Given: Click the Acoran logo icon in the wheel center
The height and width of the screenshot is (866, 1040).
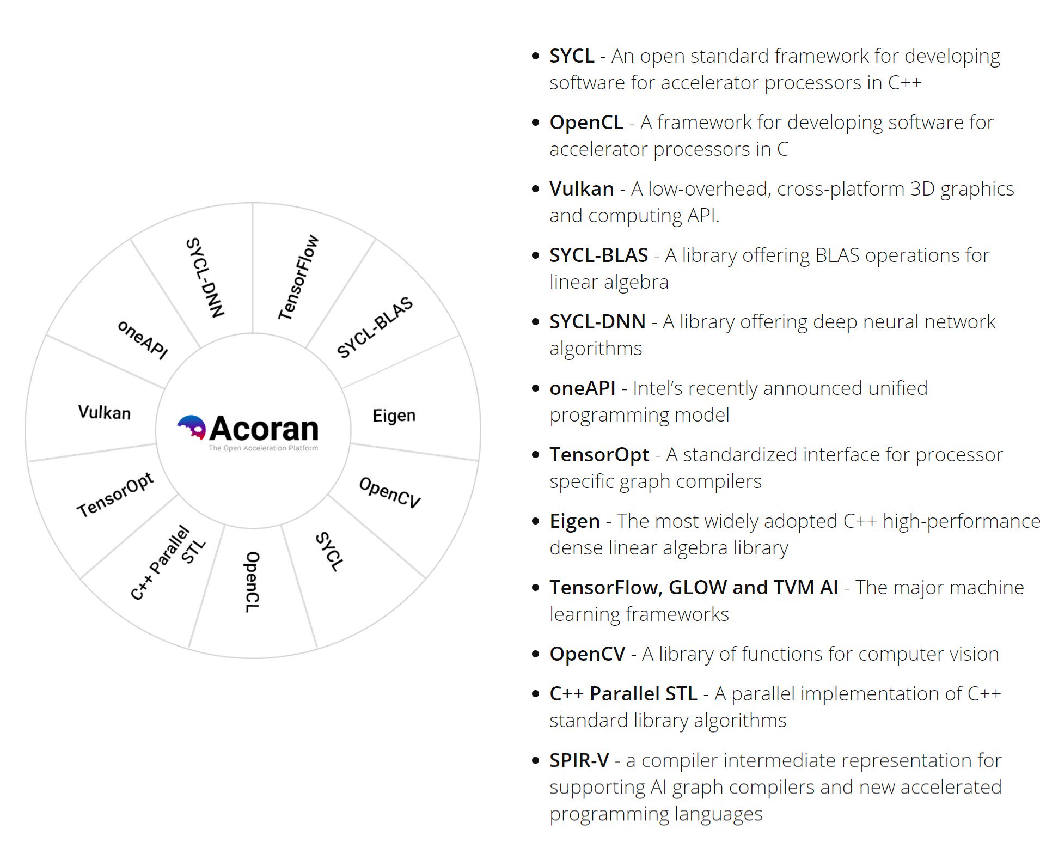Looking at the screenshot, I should [192, 428].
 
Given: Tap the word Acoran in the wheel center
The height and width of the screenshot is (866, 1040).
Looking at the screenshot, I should [264, 429].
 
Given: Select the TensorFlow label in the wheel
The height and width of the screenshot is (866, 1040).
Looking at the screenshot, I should [298, 278].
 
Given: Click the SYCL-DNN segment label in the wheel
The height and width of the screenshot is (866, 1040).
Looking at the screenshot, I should [205, 278].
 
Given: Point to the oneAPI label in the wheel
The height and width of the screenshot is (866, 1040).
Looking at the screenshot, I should [143, 340].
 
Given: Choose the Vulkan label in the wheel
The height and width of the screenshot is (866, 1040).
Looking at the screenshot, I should [104, 412].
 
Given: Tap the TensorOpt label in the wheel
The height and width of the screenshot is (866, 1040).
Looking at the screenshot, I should [115, 495].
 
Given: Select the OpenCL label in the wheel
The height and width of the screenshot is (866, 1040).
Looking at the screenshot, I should [252, 582].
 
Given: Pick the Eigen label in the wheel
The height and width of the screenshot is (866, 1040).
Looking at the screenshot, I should [394, 416].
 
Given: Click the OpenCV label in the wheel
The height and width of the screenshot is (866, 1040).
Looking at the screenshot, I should [390, 492].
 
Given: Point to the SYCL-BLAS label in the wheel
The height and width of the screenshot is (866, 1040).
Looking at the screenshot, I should [375, 327].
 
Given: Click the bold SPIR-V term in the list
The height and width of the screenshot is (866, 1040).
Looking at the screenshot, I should [579, 760].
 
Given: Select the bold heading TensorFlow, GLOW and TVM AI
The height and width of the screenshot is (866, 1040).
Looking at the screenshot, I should [693, 587].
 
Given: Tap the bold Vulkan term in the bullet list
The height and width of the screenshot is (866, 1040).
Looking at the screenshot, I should [582, 188].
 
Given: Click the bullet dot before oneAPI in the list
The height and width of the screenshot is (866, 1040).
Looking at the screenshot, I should [536, 388].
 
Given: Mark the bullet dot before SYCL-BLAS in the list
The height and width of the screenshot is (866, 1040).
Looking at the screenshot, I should [536, 255].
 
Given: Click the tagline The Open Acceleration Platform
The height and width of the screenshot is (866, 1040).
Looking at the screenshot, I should [264, 448].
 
